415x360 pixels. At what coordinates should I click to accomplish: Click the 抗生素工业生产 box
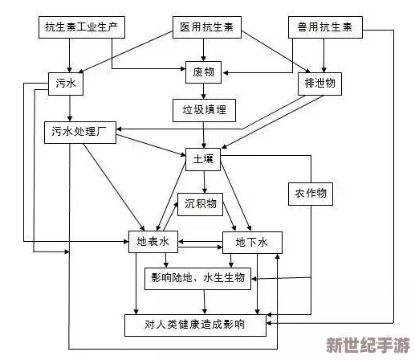click(x=80, y=29)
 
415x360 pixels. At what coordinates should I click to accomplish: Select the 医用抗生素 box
click(x=205, y=29)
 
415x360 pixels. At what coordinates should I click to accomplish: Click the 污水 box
click(x=69, y=82)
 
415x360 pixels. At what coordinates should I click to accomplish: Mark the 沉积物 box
click(x=200, y=203)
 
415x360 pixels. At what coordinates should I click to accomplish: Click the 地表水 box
click(x=152, y=241)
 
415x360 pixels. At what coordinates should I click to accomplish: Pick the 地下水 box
click(x=251, y=241)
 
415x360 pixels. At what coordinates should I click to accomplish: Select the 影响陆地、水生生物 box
click(x=197, y=279)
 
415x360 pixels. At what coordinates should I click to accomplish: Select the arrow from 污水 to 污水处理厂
click(x=71, y=106)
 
